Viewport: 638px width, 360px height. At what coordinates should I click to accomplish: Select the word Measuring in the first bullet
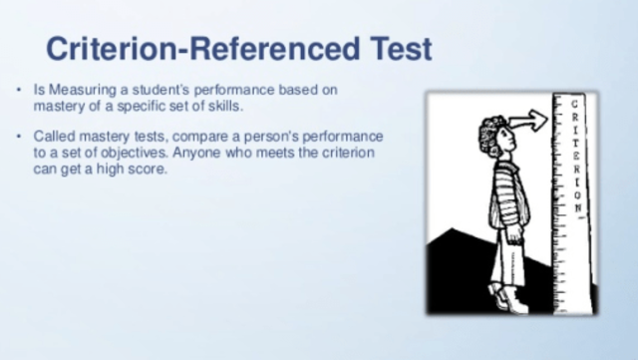click(x=81, y=90)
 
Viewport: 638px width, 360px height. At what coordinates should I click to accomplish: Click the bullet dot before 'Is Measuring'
click(x=21, y=91)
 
